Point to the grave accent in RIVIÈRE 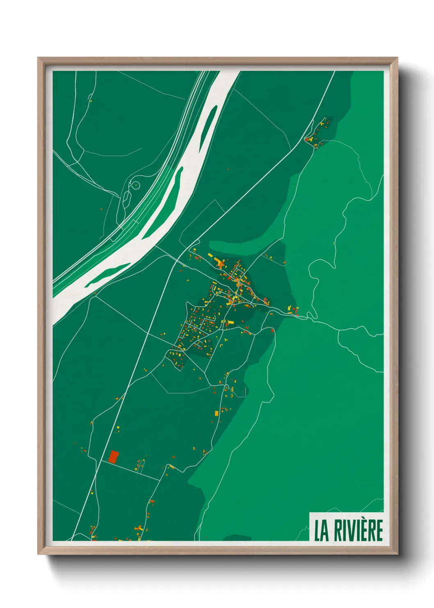click(368, 520)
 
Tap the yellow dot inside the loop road click(135, 186)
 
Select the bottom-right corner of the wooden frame click(397, 554)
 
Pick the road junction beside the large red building click(102, 461)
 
